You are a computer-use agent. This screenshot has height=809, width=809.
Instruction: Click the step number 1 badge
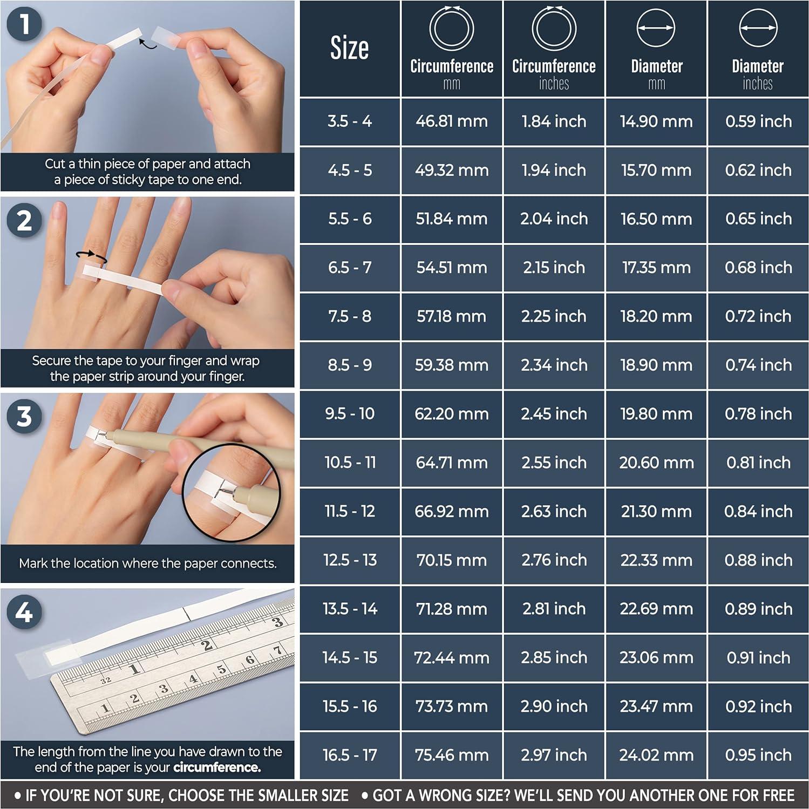(24, 25)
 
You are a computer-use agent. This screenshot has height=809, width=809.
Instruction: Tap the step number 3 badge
(24, 417)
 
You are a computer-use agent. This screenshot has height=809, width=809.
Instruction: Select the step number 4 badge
(24, 613)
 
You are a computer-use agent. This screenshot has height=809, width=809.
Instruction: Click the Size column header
(350, 49)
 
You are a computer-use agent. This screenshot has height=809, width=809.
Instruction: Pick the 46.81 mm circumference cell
(452, 121)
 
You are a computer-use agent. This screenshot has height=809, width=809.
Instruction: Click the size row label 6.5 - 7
(350, 268)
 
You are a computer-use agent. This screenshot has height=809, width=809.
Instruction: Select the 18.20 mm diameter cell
(656, 316)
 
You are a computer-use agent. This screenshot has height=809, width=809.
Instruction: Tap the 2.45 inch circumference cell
(554, 414)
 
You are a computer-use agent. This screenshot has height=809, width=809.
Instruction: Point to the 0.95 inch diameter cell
(758, 755)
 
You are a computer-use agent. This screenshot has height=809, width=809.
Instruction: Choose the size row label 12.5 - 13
(350, 560)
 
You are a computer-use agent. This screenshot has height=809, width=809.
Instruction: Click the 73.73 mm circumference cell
(452, 706)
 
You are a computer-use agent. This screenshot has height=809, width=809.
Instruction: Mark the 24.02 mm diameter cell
(656, 755)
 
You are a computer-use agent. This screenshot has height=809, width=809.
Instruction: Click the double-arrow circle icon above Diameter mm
(656, 28)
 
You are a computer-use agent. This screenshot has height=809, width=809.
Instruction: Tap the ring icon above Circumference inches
(554, 28)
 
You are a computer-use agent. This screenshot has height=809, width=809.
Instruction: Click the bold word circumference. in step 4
(217, 767)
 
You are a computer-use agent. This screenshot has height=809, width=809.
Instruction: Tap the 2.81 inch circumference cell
(554, 609)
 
